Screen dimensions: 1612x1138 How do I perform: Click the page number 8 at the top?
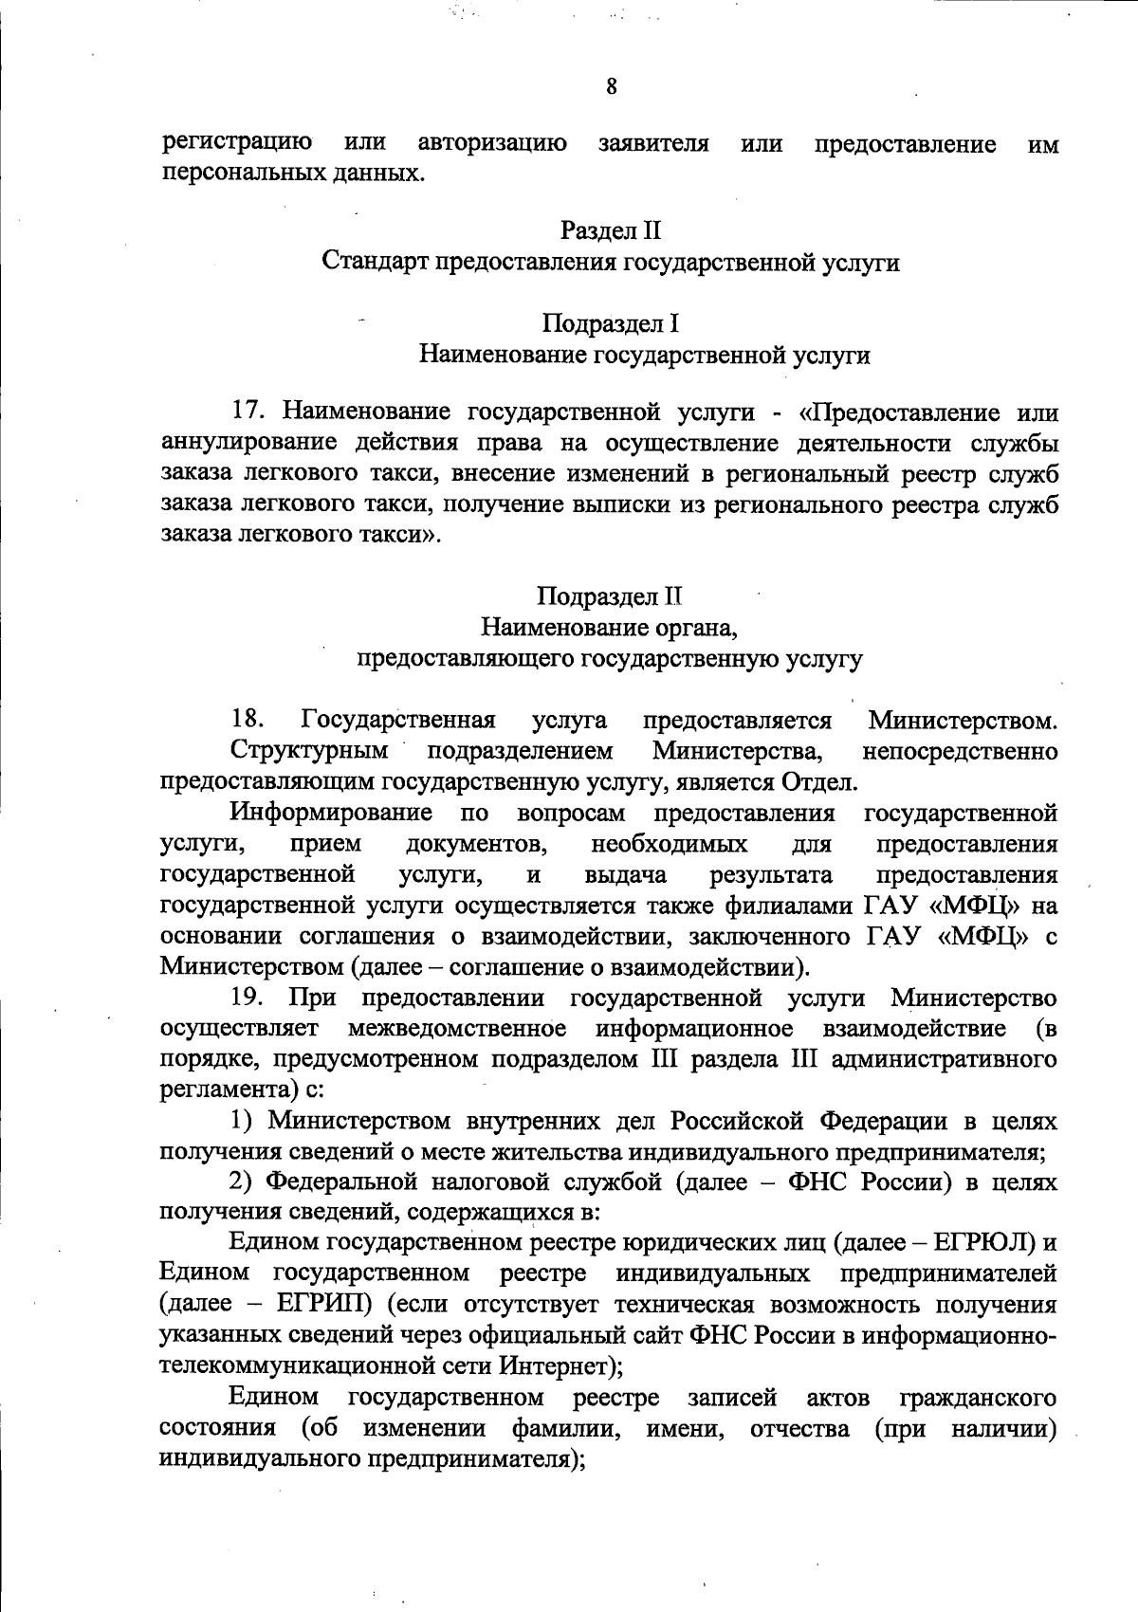point(611,87)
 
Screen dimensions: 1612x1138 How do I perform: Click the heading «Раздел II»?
point(611,230)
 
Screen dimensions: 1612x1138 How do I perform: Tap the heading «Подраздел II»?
point(611,596)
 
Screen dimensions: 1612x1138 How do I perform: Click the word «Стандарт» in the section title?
point(375,262)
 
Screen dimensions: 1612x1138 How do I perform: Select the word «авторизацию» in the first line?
point(493,143)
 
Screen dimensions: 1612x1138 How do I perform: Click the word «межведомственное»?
point(457,1029)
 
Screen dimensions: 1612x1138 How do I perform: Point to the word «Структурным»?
point(309,751)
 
